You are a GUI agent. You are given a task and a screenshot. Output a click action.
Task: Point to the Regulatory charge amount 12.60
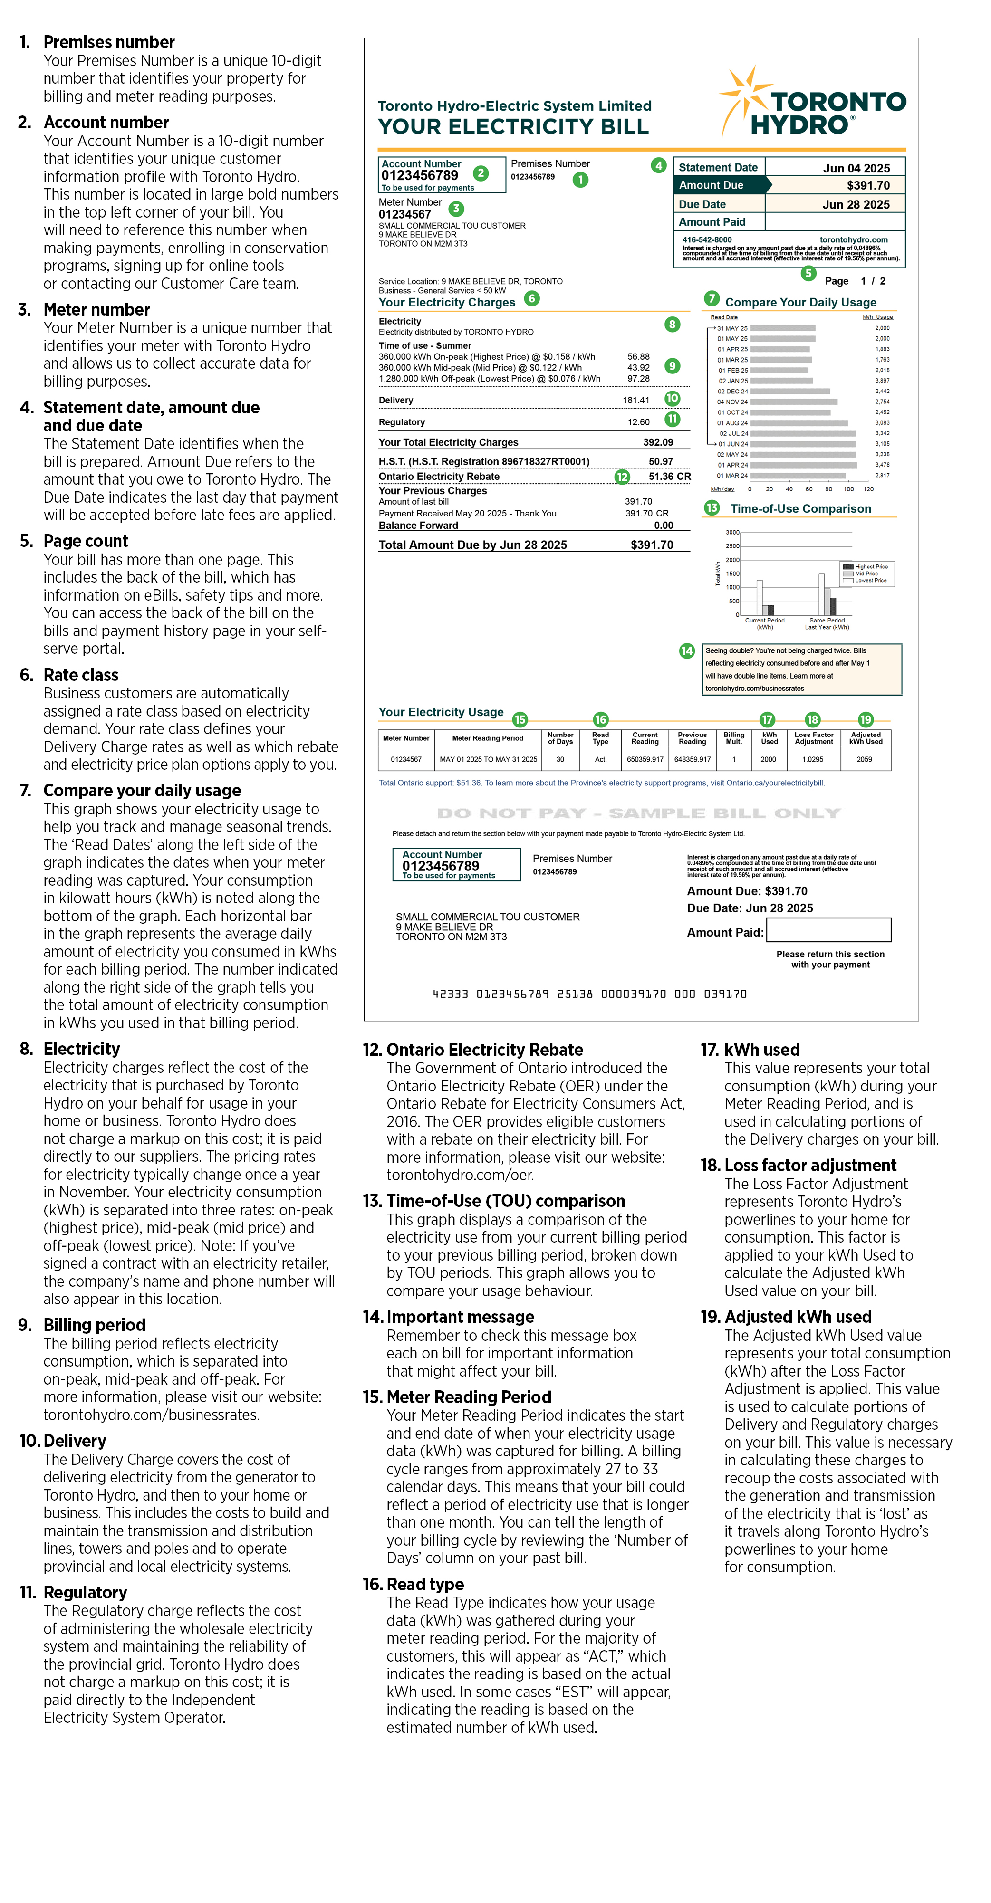coord(638,422)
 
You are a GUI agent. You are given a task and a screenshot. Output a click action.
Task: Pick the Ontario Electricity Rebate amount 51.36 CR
coord(669,477)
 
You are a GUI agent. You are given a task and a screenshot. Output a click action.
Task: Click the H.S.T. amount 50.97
coord(661,462)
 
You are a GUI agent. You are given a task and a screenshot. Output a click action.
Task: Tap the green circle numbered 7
coord(712,298)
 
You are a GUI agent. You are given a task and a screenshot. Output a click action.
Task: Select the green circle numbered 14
coord(686,651)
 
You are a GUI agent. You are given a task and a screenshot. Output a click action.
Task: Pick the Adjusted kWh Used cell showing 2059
coord(864,759)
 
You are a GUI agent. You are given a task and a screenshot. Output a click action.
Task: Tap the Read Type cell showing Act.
coord(600,759)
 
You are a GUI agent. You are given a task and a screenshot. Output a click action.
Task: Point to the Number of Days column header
coord(560,738)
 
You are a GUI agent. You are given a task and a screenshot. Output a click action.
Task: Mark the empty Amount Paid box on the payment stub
coord(828,930)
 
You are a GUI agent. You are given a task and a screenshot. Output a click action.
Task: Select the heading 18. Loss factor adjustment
coord(798,1166)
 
